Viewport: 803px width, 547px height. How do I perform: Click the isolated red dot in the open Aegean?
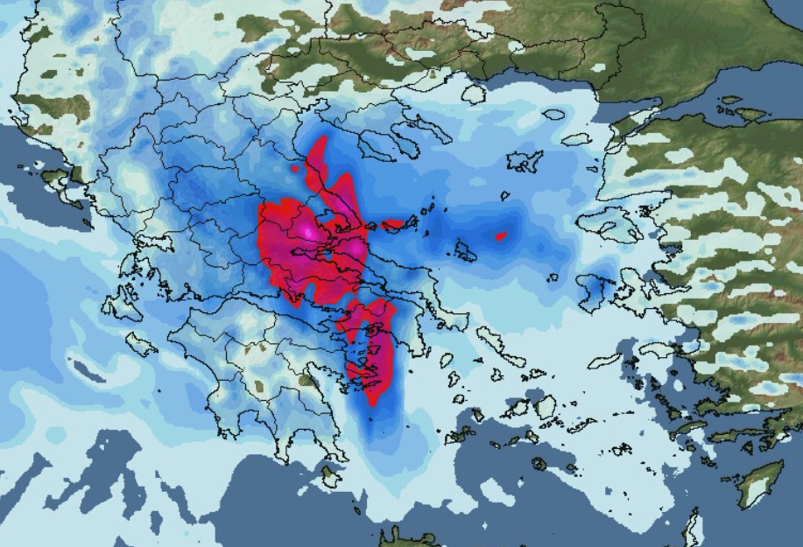(501, 235)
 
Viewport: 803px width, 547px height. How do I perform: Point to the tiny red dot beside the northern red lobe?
(296, 168)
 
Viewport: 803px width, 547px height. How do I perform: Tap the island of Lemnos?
(525, 161)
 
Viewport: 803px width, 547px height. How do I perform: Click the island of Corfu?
(54, 178)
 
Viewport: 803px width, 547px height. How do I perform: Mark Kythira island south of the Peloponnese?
(329, 477)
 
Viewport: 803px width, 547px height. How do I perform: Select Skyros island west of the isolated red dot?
(465, 254)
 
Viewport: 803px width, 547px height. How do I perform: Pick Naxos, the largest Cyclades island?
(545, 406)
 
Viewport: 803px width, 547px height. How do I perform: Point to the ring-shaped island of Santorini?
(538, 464)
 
